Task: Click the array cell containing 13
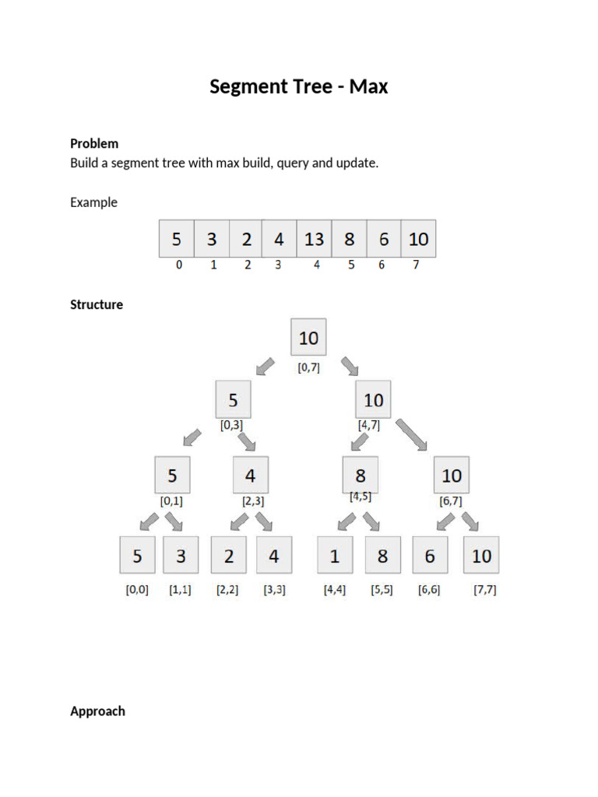(314, 239)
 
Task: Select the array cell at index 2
(246, 239)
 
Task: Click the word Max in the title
(368, 86)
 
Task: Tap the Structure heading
(97, 304)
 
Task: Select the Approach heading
(97, 711)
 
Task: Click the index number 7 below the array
(417, 265)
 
